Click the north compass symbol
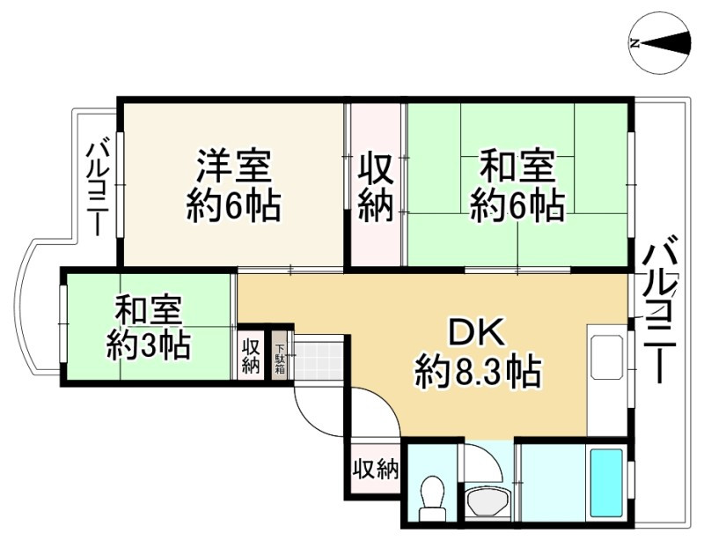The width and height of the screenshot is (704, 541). coord(659,42)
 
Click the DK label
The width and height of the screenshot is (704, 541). coord(477,334)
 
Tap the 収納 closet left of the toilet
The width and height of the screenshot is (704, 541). coord(374,468)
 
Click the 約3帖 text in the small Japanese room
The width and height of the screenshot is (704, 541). coord(148,344)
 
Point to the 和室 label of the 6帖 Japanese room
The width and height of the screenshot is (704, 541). coord(517,167)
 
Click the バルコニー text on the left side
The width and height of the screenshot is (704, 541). coord(96,187)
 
